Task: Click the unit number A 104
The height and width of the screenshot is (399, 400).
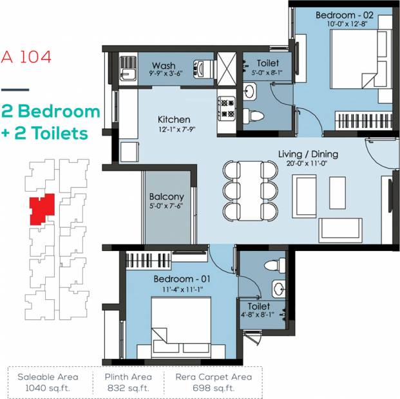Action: [x=26, y=57]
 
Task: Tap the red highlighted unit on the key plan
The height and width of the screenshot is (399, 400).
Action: [x=42, y=209]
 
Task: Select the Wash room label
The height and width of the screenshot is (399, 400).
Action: [x=164, y=66]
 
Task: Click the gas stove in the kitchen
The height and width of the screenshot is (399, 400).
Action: [x=226, y=107]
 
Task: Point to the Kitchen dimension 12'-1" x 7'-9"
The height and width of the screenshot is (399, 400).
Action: [x=176, y=129]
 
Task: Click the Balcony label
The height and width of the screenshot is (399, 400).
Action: [x=167, y=196]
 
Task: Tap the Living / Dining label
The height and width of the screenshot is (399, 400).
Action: [x=308, y=154]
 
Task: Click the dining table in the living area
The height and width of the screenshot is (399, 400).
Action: [x=251, y=190]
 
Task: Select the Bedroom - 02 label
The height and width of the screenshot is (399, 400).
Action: [x=345, y=15]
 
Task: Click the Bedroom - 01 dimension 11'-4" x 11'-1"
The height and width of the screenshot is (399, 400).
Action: [x=183, y=290]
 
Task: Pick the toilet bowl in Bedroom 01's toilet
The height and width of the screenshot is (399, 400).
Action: [x=275, y=265]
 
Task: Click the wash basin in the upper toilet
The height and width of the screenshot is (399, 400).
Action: [x=249, y=91]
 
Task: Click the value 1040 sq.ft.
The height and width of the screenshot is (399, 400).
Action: [x=48, y=388]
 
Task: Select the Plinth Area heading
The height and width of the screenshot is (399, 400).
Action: [x=128, y=377]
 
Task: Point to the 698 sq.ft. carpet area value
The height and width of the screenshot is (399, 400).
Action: [x=213, y=388]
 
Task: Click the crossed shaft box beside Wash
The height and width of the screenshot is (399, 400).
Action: [x=226, y=69]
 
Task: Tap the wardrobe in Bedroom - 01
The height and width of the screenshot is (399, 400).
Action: [x=148, y=261]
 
